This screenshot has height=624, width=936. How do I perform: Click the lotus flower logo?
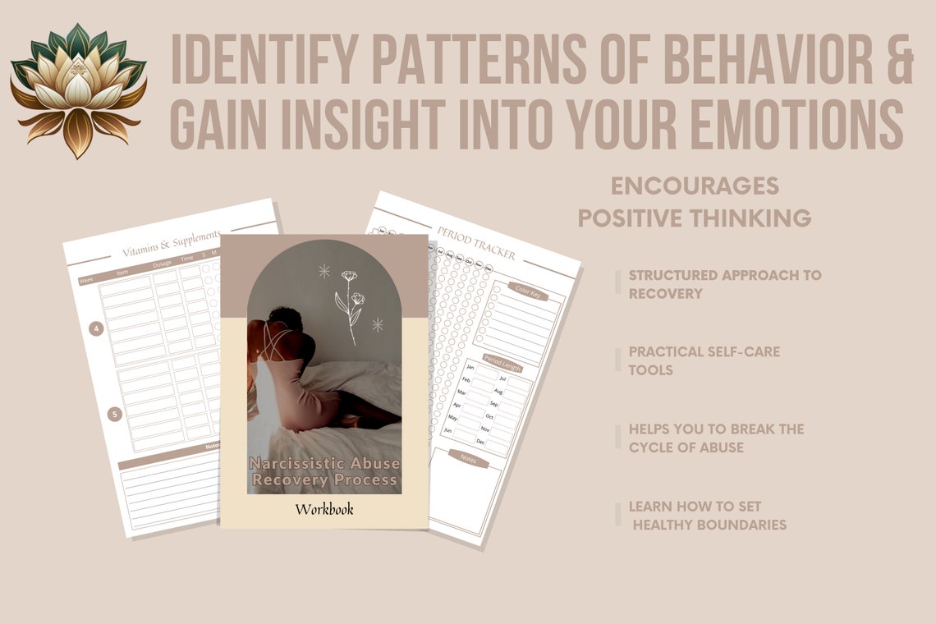pyautogui.click(x=78, y=89)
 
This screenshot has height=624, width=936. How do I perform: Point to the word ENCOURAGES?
pyautogui.click(x=695, y=186)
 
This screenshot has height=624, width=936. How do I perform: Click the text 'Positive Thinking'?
pyautogui.click(x=695, y=218)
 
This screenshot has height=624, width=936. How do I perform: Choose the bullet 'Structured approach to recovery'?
pyautogui.click(x=725, y=284)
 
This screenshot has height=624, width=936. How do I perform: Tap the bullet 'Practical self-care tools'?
pyautogui.click(x=704, y=360)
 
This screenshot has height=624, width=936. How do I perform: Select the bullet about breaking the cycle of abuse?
pyautogui.click(x=716, y=438)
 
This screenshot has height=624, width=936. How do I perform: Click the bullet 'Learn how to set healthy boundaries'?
pyautogui.click(x=707, y=515)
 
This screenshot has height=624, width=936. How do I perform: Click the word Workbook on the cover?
pyautogui.click(x=324, y=509)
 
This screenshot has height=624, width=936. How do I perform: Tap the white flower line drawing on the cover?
pyautogui.click(x=349, y=304)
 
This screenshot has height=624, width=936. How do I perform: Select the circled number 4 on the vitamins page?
pyautogui.click(x=97, y=329)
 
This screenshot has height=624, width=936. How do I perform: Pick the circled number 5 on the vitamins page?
pyautogui.click(x=115, y=414)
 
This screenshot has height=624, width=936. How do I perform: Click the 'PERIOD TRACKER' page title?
pyautogui.click(x=476, y=243)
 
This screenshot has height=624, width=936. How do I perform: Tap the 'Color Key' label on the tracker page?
pyautogui.click(x=526, y=290)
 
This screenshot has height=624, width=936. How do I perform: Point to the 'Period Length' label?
pyautogui.click(x=503, y=361)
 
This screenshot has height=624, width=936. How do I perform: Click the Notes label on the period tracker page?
pyautogui.click(x=469, y=460)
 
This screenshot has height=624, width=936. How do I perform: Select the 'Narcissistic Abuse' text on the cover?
pyautogui.click(x=324, y=464)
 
